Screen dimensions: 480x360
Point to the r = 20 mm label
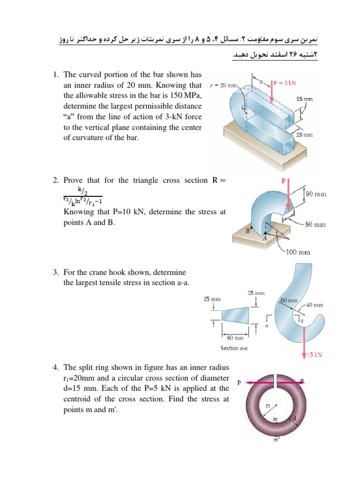pos(224,85)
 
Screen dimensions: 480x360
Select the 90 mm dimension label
pos(316,194)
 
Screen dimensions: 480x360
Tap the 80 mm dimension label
pos(315,225)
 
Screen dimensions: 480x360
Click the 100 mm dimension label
pos(298,253)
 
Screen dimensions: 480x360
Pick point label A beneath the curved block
pos(264,239)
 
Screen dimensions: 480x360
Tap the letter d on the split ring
pos(294,419)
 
